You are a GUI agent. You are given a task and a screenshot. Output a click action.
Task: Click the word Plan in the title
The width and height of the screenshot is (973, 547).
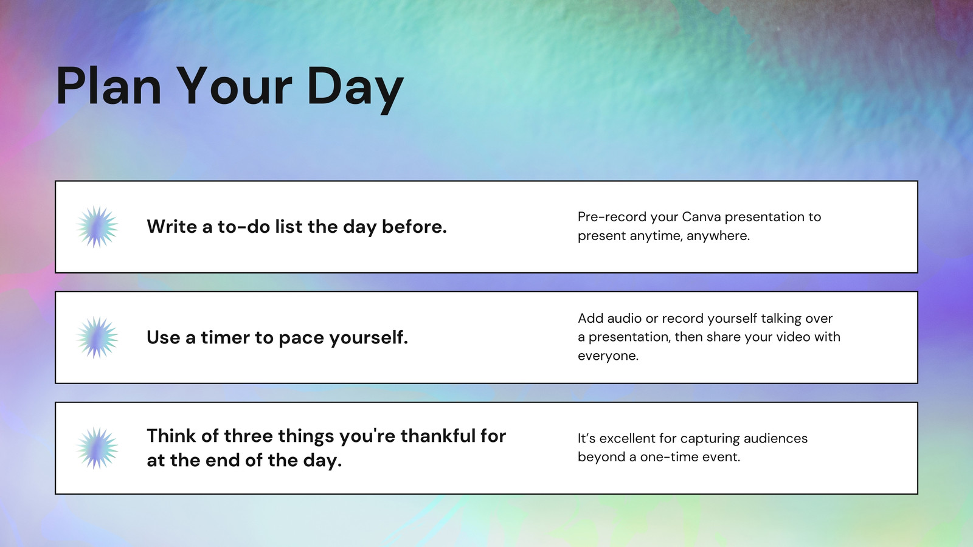[109, 86]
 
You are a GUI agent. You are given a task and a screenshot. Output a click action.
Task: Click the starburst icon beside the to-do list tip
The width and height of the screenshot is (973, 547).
[97, 227]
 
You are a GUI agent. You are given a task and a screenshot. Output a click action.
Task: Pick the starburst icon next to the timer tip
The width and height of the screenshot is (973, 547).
[97, 337]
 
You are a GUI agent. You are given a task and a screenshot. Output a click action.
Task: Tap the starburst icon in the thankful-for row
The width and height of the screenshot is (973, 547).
[97, 448]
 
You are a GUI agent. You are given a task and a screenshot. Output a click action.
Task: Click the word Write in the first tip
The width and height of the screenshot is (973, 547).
[171, 226]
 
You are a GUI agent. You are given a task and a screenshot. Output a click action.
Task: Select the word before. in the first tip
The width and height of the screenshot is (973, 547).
[414, 226]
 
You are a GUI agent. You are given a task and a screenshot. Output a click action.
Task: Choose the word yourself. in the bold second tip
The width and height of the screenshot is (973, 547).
[369, 338]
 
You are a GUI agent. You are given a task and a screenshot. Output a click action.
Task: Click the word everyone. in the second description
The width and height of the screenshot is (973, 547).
[608, 356]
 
